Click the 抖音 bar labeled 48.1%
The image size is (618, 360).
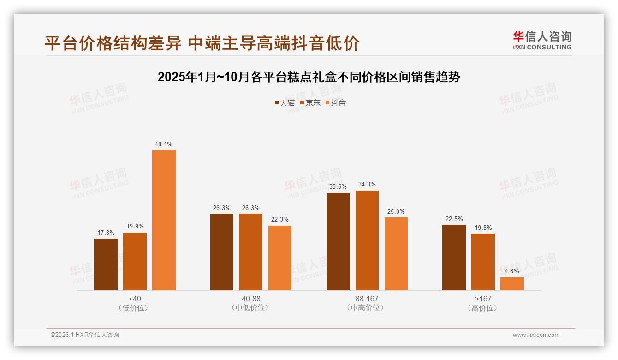164,220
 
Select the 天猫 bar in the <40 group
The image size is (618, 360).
106,264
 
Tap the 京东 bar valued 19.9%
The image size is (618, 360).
135,261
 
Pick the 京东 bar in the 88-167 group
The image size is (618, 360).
367,240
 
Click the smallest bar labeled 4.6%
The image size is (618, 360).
512,284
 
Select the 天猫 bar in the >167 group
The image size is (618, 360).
454,258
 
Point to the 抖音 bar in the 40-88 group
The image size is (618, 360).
280,258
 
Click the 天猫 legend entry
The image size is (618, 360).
285,102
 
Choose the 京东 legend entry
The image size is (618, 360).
310,102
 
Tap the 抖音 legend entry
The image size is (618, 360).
336,102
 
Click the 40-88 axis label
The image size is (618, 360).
251,299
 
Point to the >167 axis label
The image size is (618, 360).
483,299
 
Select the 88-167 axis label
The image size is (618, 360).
367,299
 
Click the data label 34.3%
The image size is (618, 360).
367,185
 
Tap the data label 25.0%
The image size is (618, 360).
396,211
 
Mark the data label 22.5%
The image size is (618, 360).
454,219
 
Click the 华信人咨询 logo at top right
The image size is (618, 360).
542,40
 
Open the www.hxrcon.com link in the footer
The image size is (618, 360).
536,335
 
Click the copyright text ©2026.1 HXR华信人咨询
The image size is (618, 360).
85,335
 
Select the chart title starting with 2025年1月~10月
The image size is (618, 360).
309,77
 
